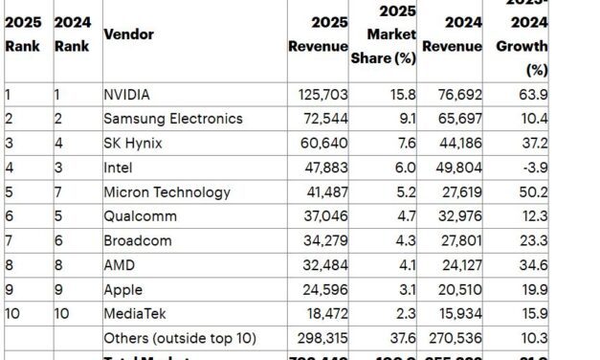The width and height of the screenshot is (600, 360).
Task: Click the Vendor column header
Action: point(128,34)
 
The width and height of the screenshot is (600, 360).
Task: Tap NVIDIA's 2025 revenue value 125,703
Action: point(322,94)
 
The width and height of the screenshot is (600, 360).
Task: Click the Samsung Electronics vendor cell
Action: point(172,119)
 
